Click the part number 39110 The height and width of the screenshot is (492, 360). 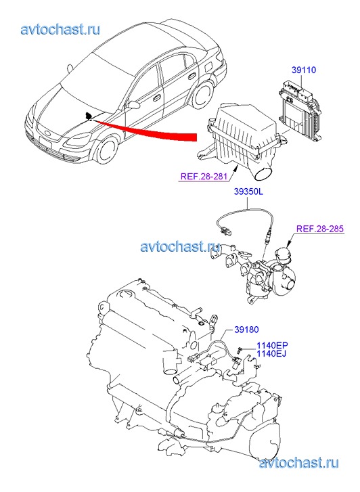pos(304,70)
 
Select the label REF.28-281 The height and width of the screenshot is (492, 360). pos(204,177)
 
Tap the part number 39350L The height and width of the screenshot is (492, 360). pos(248,192)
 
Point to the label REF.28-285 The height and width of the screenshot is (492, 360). pos(320,229)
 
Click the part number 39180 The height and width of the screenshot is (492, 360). pos(247,330)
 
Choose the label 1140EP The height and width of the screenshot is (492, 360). pos(272,345)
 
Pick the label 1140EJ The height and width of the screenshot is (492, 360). pos(271,354)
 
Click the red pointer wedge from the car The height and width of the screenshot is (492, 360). pos(144,130)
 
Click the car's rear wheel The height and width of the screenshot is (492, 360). pos(203,93)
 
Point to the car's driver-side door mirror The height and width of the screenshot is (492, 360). pos(133,104)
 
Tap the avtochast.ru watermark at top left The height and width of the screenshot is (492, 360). pos(61,30)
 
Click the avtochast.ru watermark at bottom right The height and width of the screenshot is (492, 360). pos(299,463)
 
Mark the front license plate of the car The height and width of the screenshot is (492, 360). pos(45,142)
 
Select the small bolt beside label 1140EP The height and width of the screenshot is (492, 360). pos(240,349)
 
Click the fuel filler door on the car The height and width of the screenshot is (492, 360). pos(208,68)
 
